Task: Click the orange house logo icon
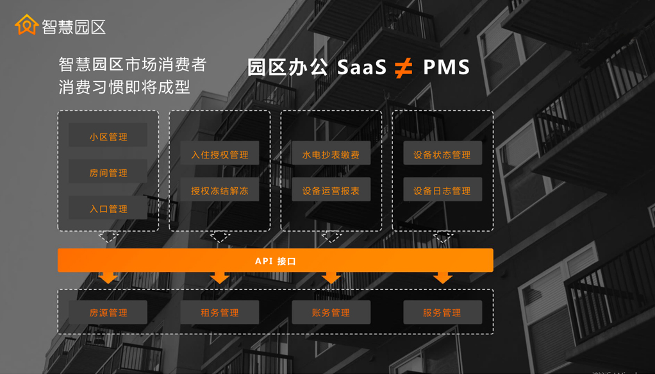pos(26,25)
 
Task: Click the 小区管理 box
pos(108,137)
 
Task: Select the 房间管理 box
pos(108,173)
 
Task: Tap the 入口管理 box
pos(108,208)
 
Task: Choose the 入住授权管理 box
pos(220,155)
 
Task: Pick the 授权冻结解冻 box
pos(220,191)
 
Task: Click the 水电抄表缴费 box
pos(331,155)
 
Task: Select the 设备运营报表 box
pos(331,191)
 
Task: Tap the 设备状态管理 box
pos(442,154)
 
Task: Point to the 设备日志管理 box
pos(442,191)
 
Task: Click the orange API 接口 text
pos(276,261)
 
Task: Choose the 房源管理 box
pos(108,312)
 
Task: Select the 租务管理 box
pos(220,312)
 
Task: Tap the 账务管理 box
pos(331,312)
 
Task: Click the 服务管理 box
pos(442,312)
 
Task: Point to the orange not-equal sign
pos(403,67)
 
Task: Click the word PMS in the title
pos(446,67)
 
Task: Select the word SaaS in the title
pos(362,67)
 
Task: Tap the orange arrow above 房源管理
pos(108,278)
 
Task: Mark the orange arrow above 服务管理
pos(442,278)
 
